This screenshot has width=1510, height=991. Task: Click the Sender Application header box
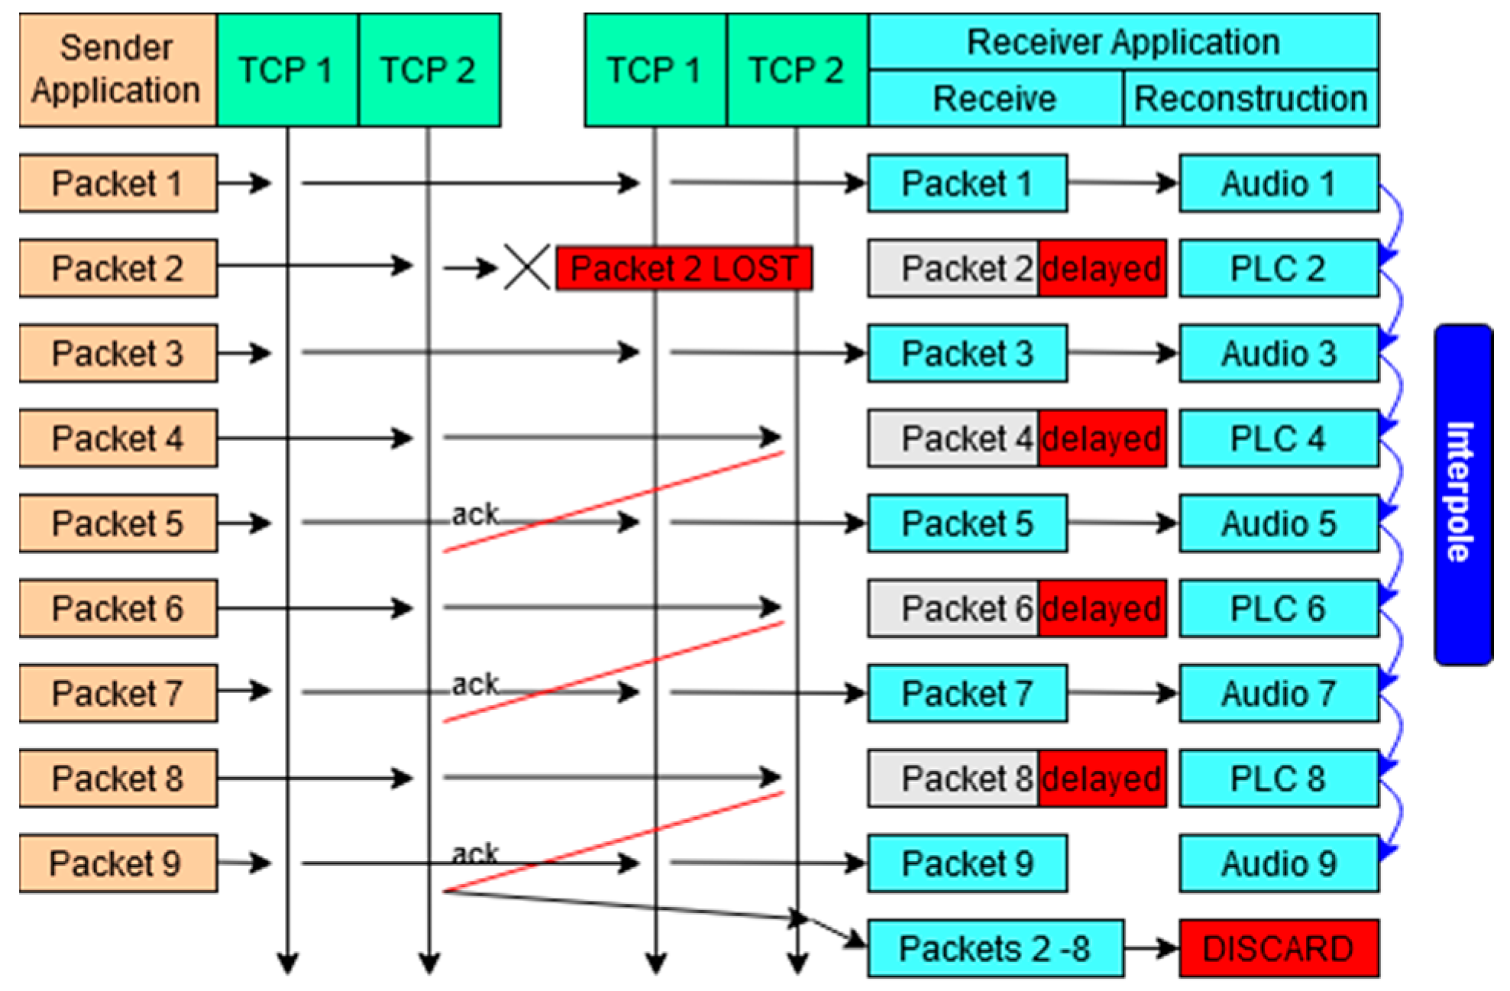pyautogui.click(x=118, y=70)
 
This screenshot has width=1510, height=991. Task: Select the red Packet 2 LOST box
pyautogui.click(x=684, y=268)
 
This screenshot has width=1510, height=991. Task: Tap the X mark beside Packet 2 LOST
pyautogui.click(x=527, y=267)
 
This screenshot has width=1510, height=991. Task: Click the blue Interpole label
pyautogui.click(x=1463, y=494)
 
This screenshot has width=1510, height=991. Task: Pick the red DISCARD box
pyautogui.click(x=1279, y=948)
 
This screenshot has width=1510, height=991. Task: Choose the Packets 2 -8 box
pyautogui.click(x=994, y=948)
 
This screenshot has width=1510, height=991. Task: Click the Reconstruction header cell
pyautogui.click(x=1250, y=99)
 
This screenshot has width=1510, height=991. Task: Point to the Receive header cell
pyautogui.click(x=994, y=99)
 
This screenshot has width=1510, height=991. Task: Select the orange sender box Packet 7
pyautogui.click(x=118, y=693)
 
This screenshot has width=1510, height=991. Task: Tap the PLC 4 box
pyautogui.click(x=1279, y=439)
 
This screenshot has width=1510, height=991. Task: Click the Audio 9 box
pyautogui.click(x=1279, y=863)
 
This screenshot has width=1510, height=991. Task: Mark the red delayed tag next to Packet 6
pyautogui.click(x=1101, y=609)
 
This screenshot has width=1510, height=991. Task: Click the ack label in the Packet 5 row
pyautogui.click(x=474, y=514)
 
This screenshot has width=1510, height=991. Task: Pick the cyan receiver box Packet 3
pyautogui.click(x=967, y=354)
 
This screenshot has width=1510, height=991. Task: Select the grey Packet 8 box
pyautogui.click(x=952, y=779)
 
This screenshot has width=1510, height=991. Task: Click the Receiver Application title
pyautogui.click(x=1123, y=42)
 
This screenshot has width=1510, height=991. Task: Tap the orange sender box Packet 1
pyautogui.click(x=118, y=183)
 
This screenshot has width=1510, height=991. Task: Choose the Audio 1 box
pyautogui.click(x=1279, y=183)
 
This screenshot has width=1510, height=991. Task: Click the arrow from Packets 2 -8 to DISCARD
pyautogui.click(x=1151, y=949)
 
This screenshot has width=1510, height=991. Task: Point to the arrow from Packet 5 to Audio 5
pyautogui.click(x=1123, y=523)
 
